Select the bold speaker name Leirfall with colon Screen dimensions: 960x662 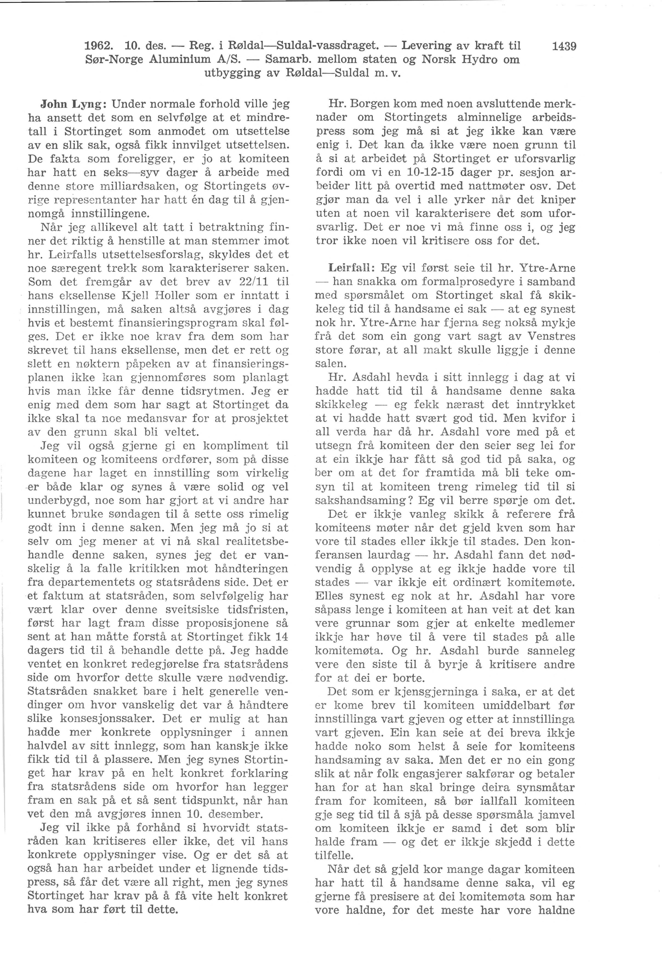[352, 268]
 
